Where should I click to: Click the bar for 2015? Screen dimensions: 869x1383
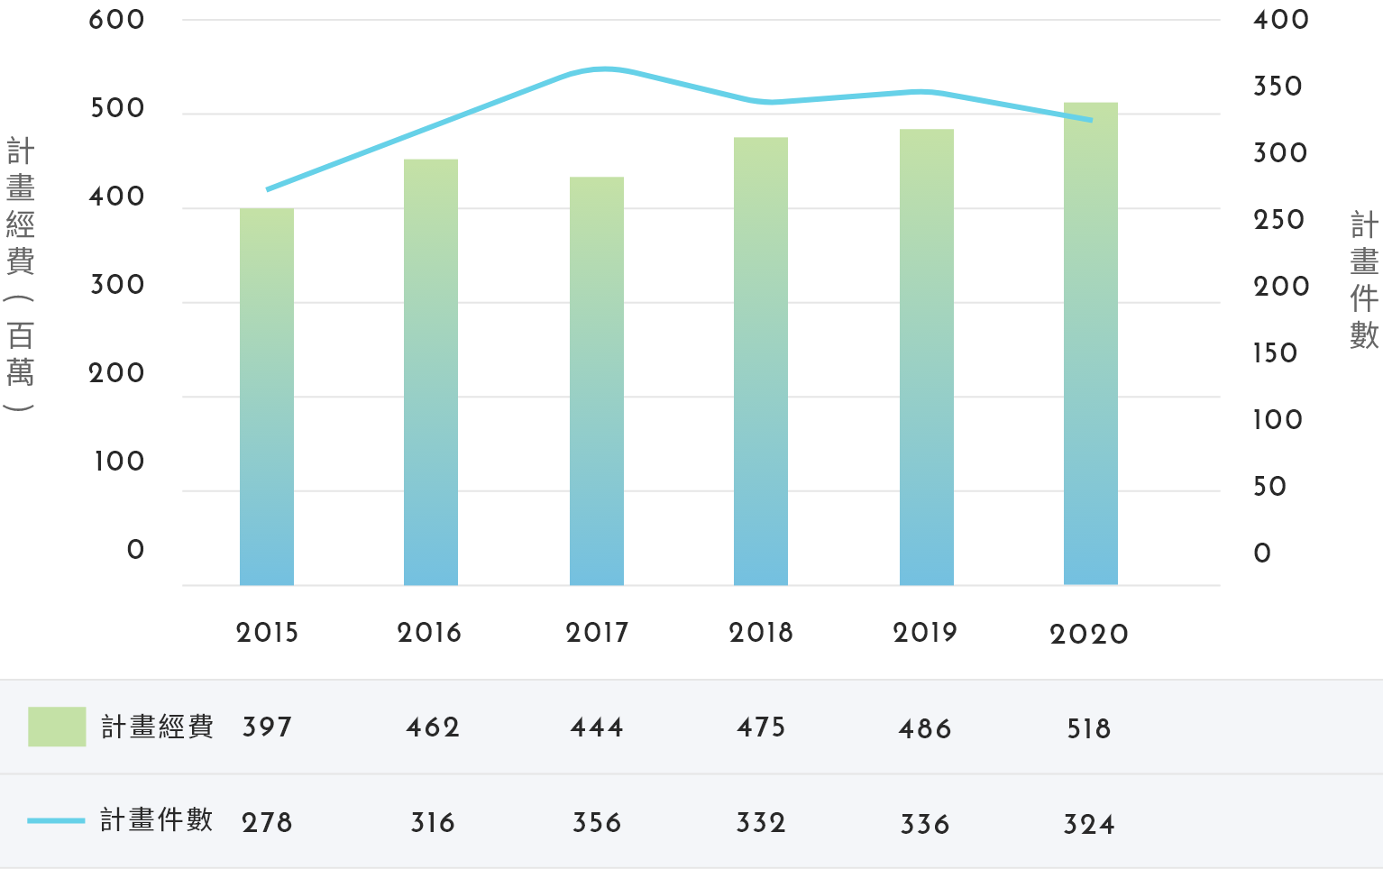coord(267,397)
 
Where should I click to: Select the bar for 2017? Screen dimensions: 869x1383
coord(597,380)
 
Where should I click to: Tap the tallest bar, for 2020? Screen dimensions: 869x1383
coord(1091,343)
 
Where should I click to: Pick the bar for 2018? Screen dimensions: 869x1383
coord(761,361)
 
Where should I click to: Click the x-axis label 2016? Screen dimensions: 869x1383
coord(429,633)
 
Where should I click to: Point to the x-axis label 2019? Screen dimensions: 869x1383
coord(925,633)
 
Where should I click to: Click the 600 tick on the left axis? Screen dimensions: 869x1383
coord(117,20)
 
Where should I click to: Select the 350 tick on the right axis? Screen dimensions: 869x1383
coord(1278,87)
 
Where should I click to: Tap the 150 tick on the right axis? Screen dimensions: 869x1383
coord(1275,353)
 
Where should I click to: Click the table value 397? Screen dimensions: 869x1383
coord(267,727)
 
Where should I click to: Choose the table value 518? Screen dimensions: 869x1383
coord(1089,729)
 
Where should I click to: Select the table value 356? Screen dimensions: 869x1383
coord(597,823)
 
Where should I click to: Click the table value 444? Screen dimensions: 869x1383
coord(597,727)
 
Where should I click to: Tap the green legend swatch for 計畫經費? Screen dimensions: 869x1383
coord(57,727)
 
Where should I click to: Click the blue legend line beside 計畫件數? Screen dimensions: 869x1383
coord(56,821)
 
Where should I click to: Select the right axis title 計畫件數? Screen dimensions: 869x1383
coord(1364,280)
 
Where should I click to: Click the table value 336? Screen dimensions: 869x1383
coord(925,824)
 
